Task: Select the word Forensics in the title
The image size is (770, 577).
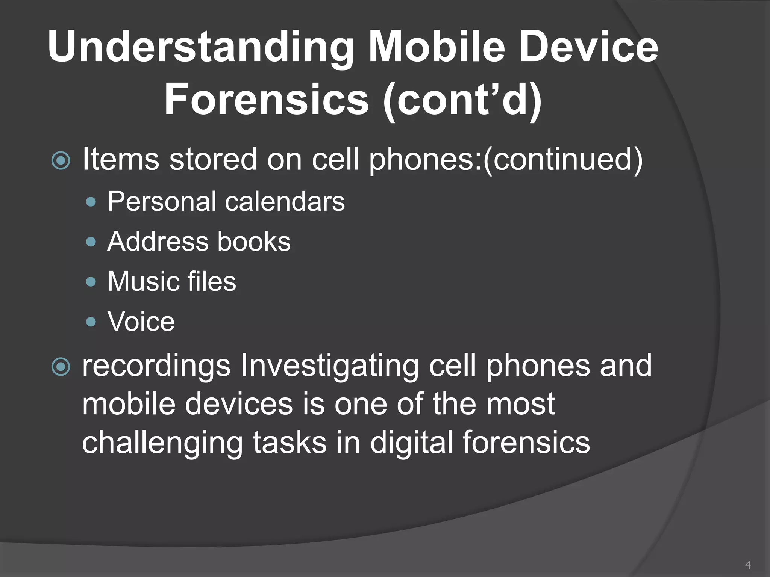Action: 267,100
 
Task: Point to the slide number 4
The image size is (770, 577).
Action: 747,565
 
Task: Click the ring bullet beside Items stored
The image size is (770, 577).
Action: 61,161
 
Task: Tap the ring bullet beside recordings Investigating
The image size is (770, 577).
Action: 61,367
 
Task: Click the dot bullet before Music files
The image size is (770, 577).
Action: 91,282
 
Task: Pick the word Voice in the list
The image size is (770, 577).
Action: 141,322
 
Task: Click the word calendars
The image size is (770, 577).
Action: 285,202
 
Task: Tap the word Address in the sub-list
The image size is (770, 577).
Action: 157,241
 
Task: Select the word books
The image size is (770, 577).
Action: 254,241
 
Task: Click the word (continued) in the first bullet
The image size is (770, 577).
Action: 563,159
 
